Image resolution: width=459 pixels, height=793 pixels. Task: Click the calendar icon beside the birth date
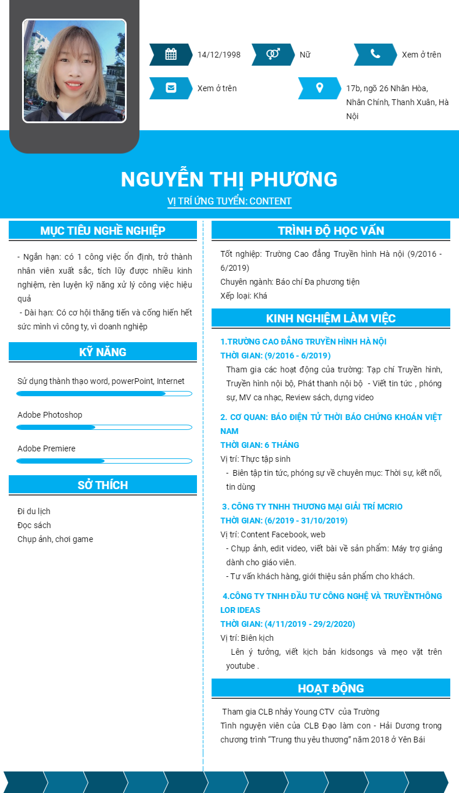[171, 55]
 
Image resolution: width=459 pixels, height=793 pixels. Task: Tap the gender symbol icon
[272, 55]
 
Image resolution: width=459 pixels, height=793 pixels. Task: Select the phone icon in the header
[375, 55]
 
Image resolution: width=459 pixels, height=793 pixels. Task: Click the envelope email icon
[171, 88]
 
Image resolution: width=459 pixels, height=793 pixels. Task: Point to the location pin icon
[319, 88]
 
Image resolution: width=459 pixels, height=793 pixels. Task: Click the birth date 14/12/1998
[219, 55]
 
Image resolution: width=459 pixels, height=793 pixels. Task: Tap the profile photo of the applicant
[74, 71]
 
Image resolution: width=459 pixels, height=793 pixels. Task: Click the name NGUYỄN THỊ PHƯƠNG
[229, 180]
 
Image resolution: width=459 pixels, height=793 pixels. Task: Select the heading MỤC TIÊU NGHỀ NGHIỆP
[103, 231]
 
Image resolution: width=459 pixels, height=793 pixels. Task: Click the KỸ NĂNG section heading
[103, 352]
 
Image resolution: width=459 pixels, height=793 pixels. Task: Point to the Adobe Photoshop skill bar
[104, 428]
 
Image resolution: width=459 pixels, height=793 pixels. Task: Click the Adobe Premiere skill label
[46, 448]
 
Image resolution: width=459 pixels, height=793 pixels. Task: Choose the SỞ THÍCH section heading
[103, 485]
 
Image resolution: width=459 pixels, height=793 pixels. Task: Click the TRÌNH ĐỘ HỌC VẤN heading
[331, 231]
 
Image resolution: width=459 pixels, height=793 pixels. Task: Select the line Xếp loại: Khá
[244, 296]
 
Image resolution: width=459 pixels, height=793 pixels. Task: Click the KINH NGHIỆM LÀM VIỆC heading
[331, 318]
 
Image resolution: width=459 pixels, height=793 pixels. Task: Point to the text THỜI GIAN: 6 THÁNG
[260, 445]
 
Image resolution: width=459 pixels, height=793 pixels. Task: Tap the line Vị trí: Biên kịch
[247, 638]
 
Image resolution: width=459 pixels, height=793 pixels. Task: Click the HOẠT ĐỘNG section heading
[331, 688]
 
